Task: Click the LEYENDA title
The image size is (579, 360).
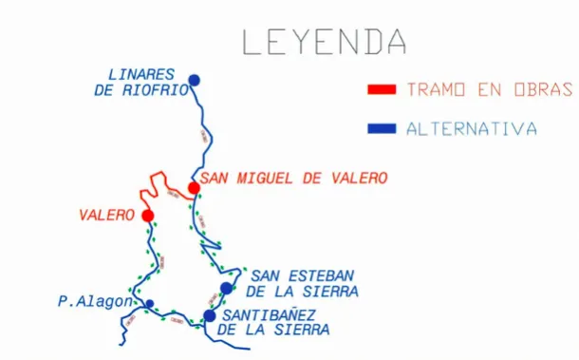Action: (323, 43)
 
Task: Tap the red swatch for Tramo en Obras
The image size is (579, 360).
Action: (382, 90)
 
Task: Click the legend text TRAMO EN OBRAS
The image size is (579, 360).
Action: (489, 90)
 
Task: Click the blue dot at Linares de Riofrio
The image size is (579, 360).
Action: (195, 80)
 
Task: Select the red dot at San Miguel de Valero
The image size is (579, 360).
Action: (194, 188)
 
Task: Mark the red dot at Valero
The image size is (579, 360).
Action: (148, 216)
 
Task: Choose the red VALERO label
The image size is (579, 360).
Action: (106, 216)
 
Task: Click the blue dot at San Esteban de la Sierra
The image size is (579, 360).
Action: (226, 288)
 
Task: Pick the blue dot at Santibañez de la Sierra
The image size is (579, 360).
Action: (210, 315)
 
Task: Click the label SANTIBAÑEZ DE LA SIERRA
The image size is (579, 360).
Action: (275, 323)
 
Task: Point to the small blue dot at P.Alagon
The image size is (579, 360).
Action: (149, 304)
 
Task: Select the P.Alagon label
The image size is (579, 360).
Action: (96, 302)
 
